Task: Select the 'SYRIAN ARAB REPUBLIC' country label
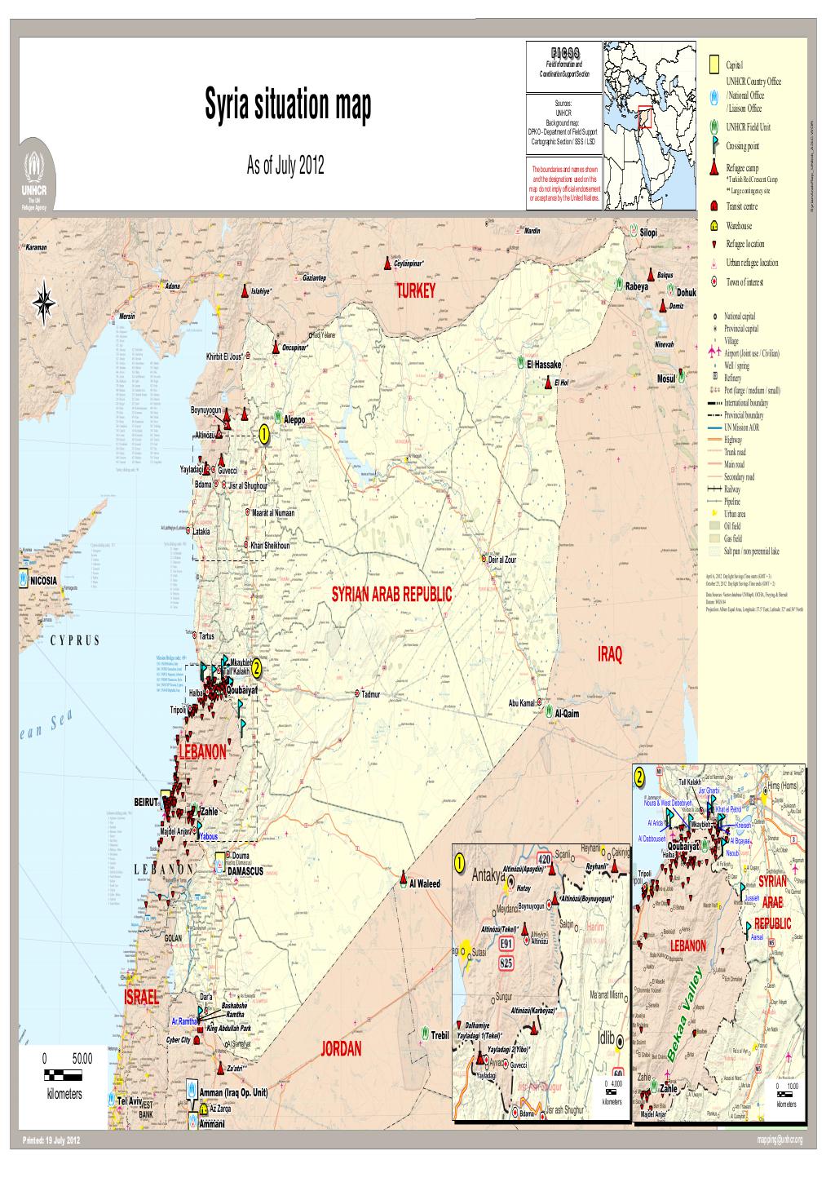(391, 595)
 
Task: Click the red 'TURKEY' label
(417, 293)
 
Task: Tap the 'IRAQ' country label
(610, 656)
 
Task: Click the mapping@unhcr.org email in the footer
(780, 1140)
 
